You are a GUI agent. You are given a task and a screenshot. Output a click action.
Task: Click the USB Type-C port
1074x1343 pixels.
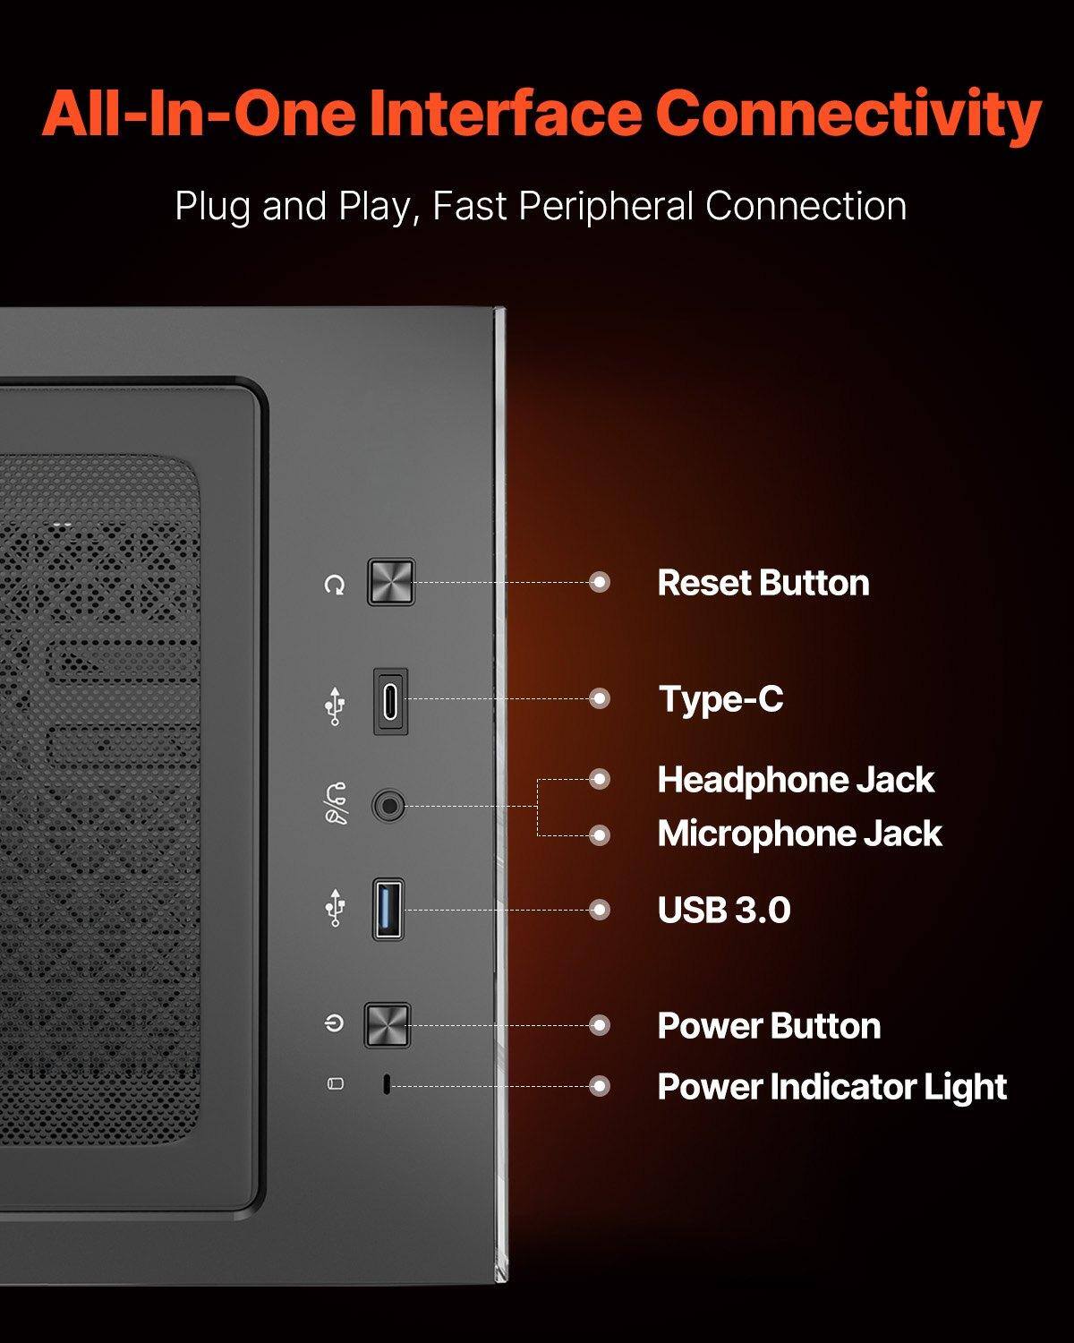click(390, 701)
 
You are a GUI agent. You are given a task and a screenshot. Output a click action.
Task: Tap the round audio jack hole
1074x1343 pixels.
click(388, 806)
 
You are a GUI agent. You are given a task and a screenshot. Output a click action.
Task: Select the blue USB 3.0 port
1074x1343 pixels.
click(388, 909)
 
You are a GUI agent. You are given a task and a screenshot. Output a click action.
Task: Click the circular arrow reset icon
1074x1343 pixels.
click(335, 585)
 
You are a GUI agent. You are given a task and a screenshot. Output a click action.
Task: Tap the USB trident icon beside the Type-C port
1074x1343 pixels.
click(335, 706)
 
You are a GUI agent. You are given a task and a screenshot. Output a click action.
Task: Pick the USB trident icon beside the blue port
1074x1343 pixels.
click(335, 907)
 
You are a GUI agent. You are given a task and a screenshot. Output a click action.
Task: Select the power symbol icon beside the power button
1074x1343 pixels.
click(335, 1023)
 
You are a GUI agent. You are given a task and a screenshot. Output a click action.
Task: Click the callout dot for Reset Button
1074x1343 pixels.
click(600, 582)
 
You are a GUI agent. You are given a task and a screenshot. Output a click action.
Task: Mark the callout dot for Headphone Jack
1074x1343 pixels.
click(600, 779)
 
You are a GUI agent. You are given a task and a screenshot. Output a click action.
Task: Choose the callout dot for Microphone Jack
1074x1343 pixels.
click(600, 835)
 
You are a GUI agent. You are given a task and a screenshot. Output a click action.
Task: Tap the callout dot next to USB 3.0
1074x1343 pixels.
click(600, 910)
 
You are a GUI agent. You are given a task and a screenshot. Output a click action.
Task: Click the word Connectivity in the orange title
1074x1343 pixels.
click(848, 115)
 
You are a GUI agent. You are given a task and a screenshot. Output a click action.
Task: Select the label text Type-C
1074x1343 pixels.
click(720, 699)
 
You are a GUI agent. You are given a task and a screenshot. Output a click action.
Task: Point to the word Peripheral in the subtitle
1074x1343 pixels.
click(607, 207)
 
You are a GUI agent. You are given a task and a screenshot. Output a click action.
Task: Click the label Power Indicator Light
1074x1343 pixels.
click(831, 1087)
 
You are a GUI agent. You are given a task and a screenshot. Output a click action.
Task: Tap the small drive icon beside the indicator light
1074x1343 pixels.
click(335, 1083)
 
